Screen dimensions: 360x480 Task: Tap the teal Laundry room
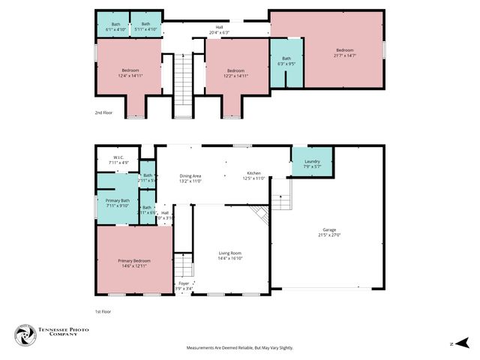(x=312, y=163)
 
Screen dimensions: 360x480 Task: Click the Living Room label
(x=230, y=256)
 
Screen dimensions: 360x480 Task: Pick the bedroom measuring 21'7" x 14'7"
(x=345, y=52)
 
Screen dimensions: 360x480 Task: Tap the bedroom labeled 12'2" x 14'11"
(x=236, y=73)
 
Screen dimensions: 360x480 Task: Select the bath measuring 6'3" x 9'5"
(x=286, y=61)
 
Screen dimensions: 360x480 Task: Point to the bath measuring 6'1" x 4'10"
(x=115, y=26)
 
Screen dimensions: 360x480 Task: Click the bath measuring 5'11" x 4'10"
(x=146, y=26)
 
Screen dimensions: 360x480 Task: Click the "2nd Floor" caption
(x=103, y=112)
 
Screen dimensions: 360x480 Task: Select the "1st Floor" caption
(x=103, y=310)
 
